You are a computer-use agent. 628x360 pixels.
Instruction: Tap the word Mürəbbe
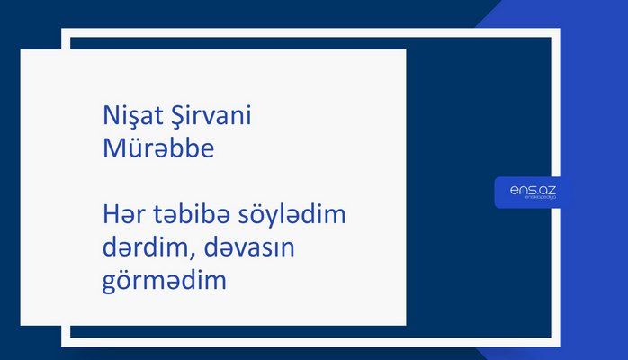(x=158, y=148)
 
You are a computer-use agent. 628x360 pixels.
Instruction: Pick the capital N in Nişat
(x=111, y=116)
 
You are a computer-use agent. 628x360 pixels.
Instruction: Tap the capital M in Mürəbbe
(x=113, y=148)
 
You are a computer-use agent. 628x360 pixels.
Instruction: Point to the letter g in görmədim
(x=110, y=284)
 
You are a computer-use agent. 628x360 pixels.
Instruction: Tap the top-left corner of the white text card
(x=22, y=50)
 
